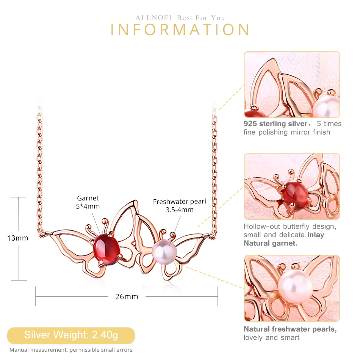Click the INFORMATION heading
click(x=180, y=30)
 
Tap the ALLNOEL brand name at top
click(x=154, y=18)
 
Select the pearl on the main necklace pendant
click(x=164, y=252)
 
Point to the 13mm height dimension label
click(x=17, y=238)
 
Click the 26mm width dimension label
click(x=127, y=296)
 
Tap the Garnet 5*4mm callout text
click(x=88, y=202)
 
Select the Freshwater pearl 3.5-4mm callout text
click(x=180, y=205)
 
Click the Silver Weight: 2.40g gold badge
click(x=71, y=335)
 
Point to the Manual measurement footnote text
click(x=71, y=350)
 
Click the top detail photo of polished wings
click(x=292, y=85)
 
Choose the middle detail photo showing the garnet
click(x=292, y=186)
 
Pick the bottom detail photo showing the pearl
click(x=292, y=288)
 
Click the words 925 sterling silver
click(x=275, y=124)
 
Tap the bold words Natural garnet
click(x=271, y=243)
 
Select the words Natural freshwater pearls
click(x=290, y=329)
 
